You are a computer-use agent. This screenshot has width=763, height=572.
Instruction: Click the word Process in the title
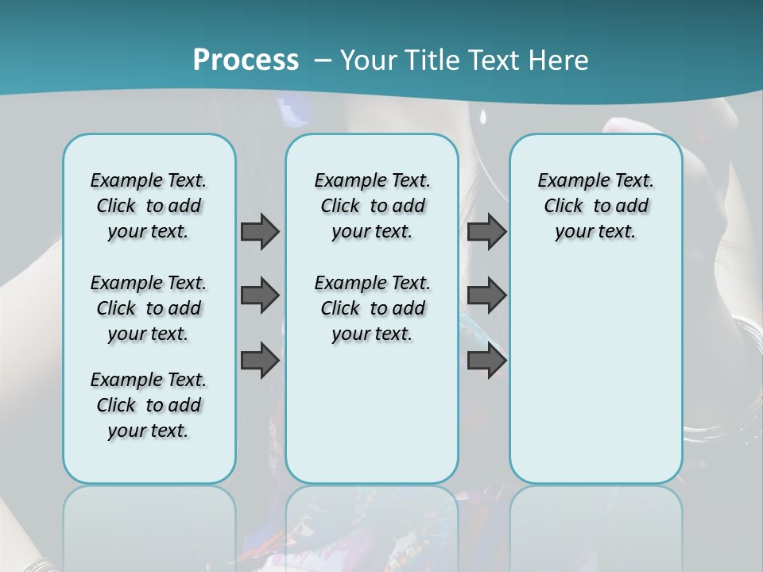(x=246, y=60)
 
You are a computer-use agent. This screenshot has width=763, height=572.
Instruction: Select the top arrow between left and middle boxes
(x=260, y=232)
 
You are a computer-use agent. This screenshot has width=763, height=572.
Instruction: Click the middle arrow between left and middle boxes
(x=260, y=296)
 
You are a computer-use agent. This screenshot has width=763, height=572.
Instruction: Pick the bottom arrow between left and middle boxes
(x=260, y=360)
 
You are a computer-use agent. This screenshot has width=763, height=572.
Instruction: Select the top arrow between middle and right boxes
(x=486, y=232)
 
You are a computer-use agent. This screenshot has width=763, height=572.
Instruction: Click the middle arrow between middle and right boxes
(x=486, y=296)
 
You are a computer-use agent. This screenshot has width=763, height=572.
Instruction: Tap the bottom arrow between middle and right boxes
(x=486, y=360)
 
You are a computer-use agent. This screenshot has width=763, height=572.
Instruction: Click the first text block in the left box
(x=149, y=206)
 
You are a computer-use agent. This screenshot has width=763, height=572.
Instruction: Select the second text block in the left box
(x=149, y=308)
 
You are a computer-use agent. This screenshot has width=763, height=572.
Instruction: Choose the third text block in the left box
(x=149, y=405)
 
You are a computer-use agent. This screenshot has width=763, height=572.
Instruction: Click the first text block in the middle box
(x=372, y=206)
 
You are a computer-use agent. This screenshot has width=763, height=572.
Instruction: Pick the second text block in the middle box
(x=372, y=308)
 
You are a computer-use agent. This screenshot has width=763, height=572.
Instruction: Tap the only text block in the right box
(x=595, y=206)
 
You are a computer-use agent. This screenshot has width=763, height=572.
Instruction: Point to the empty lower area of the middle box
(x=372, y=413)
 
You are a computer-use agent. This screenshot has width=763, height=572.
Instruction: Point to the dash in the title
(x=323, y=60)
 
